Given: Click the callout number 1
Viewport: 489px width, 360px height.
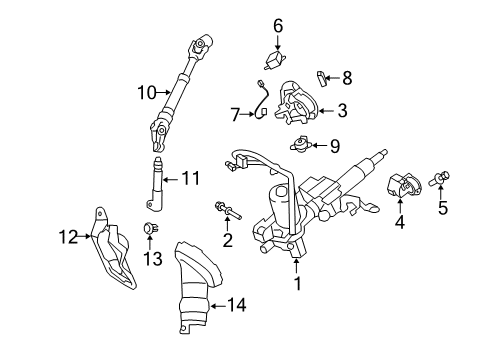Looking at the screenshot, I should coord(297,284).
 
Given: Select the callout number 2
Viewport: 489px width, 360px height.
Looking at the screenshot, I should coord(228,240).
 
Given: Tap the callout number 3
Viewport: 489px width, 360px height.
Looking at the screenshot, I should coord(342,111).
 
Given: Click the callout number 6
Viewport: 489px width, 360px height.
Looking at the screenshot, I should coord(278,25).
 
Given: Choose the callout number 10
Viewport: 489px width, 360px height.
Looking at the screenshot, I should coord(146,94).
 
